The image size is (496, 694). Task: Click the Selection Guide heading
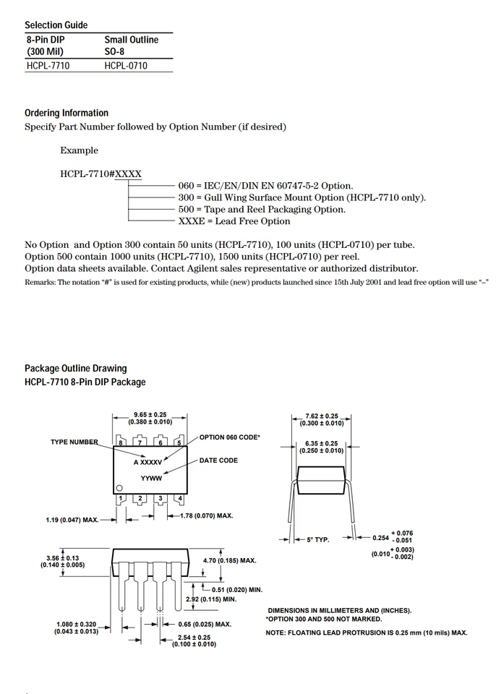pyautogui.click(x=56, y=25)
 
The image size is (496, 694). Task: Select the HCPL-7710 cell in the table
pyautogui.click(x=48, y=66)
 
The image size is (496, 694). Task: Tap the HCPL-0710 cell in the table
pyautogui.click(x=125, y=66)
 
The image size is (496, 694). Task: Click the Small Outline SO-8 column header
pyautogui.click(x=131, y=46)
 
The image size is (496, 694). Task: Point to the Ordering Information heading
pyautogui.click(x=67, y=113)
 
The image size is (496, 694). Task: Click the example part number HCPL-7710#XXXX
pyautogui.click(x=101, y=174)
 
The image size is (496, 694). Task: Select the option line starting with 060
pyautogui.click(x=265, y=186)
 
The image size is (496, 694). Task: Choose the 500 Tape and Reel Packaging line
pyautogui.click(x=262, y=210)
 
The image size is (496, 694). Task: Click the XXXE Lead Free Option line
pyautogui.click(x=234, y=221)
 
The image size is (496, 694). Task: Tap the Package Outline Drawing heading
pyautogui.click(x=75, y=369)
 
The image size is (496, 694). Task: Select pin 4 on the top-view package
pyautogui.click(x=179, y=499)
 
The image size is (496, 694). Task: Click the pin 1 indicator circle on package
pyautogui.click(x=120, y=488)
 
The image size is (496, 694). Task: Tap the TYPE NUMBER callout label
pyautogui.click(x=74, y=442)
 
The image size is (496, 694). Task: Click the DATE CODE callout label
pyautogui.click(x=218, y=460)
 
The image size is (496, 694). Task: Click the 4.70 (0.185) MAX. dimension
pyautogui.click(x=229, y=560)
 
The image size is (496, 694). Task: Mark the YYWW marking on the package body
pyautogui.click(x=151, y=478)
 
